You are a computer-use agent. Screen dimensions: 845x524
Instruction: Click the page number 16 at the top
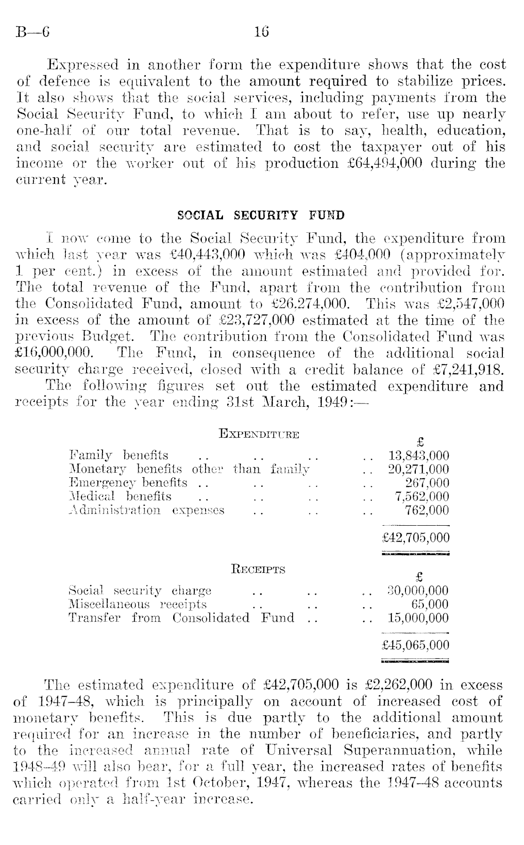[261, 32]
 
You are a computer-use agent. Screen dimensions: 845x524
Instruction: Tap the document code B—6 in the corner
[32, 32]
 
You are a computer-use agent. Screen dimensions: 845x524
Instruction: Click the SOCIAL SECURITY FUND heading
[261, 216]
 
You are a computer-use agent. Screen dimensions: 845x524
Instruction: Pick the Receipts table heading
[258, 570]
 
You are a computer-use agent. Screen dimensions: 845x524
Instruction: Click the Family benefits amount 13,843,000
[419, 456]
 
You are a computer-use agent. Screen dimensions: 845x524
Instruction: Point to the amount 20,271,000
[419, 469]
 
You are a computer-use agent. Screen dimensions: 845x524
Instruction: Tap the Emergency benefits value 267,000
[427, 483]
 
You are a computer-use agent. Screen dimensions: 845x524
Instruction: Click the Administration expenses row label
[146, 510]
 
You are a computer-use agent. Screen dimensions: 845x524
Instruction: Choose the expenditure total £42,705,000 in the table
[416, 537]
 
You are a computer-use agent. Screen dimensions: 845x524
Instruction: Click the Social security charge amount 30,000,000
[418, 591]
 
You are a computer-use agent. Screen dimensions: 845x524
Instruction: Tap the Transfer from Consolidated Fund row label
[181, 618]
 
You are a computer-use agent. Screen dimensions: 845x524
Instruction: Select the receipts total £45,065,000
[416, 645]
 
